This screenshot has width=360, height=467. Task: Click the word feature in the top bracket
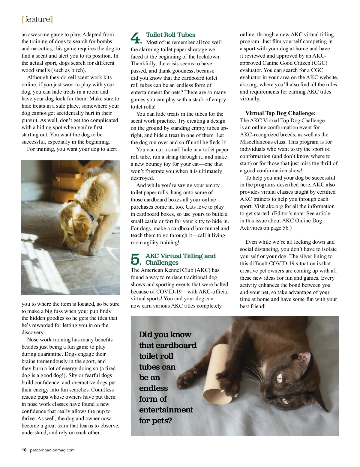[x=37, y=19]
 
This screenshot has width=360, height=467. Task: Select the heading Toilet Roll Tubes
[x=170, y=35]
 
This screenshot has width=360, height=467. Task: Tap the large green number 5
[x=136, y=259]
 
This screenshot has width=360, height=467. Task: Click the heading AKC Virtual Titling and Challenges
[x=180, y=259]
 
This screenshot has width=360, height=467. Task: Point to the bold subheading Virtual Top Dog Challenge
[x=280, y=113]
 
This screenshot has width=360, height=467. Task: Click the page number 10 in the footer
[x=24, y=450]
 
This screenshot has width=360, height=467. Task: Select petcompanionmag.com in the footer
[x=52, y=450]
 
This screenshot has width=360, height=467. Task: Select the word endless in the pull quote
[x=153, y=388]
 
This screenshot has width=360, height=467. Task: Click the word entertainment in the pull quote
[x=166, y=410]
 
